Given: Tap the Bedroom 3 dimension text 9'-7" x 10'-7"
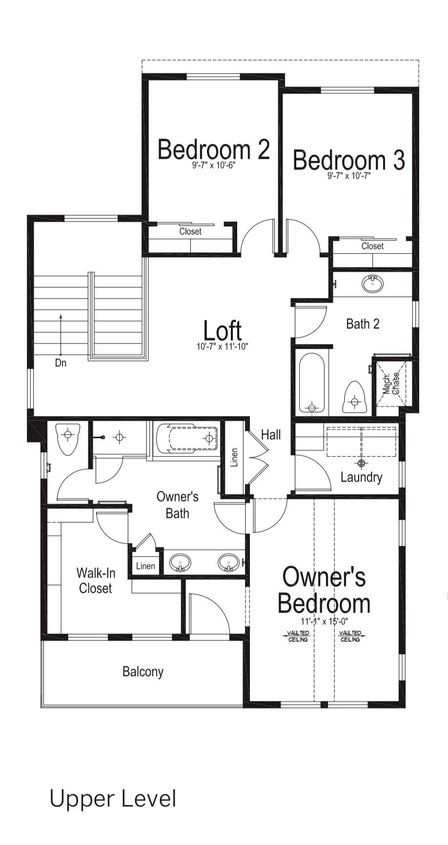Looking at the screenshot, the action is click(349, 176).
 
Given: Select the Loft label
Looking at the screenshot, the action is click(222, 331).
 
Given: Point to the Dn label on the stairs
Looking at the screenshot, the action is click(61, 363).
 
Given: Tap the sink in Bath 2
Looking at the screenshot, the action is click(372, 284).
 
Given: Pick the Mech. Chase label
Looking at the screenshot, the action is click(391, 383).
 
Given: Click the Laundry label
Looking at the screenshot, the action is click(361, 477).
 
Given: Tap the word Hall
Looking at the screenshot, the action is click(271, 434).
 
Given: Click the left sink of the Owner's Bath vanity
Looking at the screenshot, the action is click(180, 563).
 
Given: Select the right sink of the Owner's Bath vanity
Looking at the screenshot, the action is click(228, 563).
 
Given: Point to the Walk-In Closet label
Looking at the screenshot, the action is click(96, 580).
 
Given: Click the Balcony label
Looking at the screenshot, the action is click(143, 672).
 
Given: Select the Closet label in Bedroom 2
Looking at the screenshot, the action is click(190, 232).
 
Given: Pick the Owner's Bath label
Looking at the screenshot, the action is click(178, 505).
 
